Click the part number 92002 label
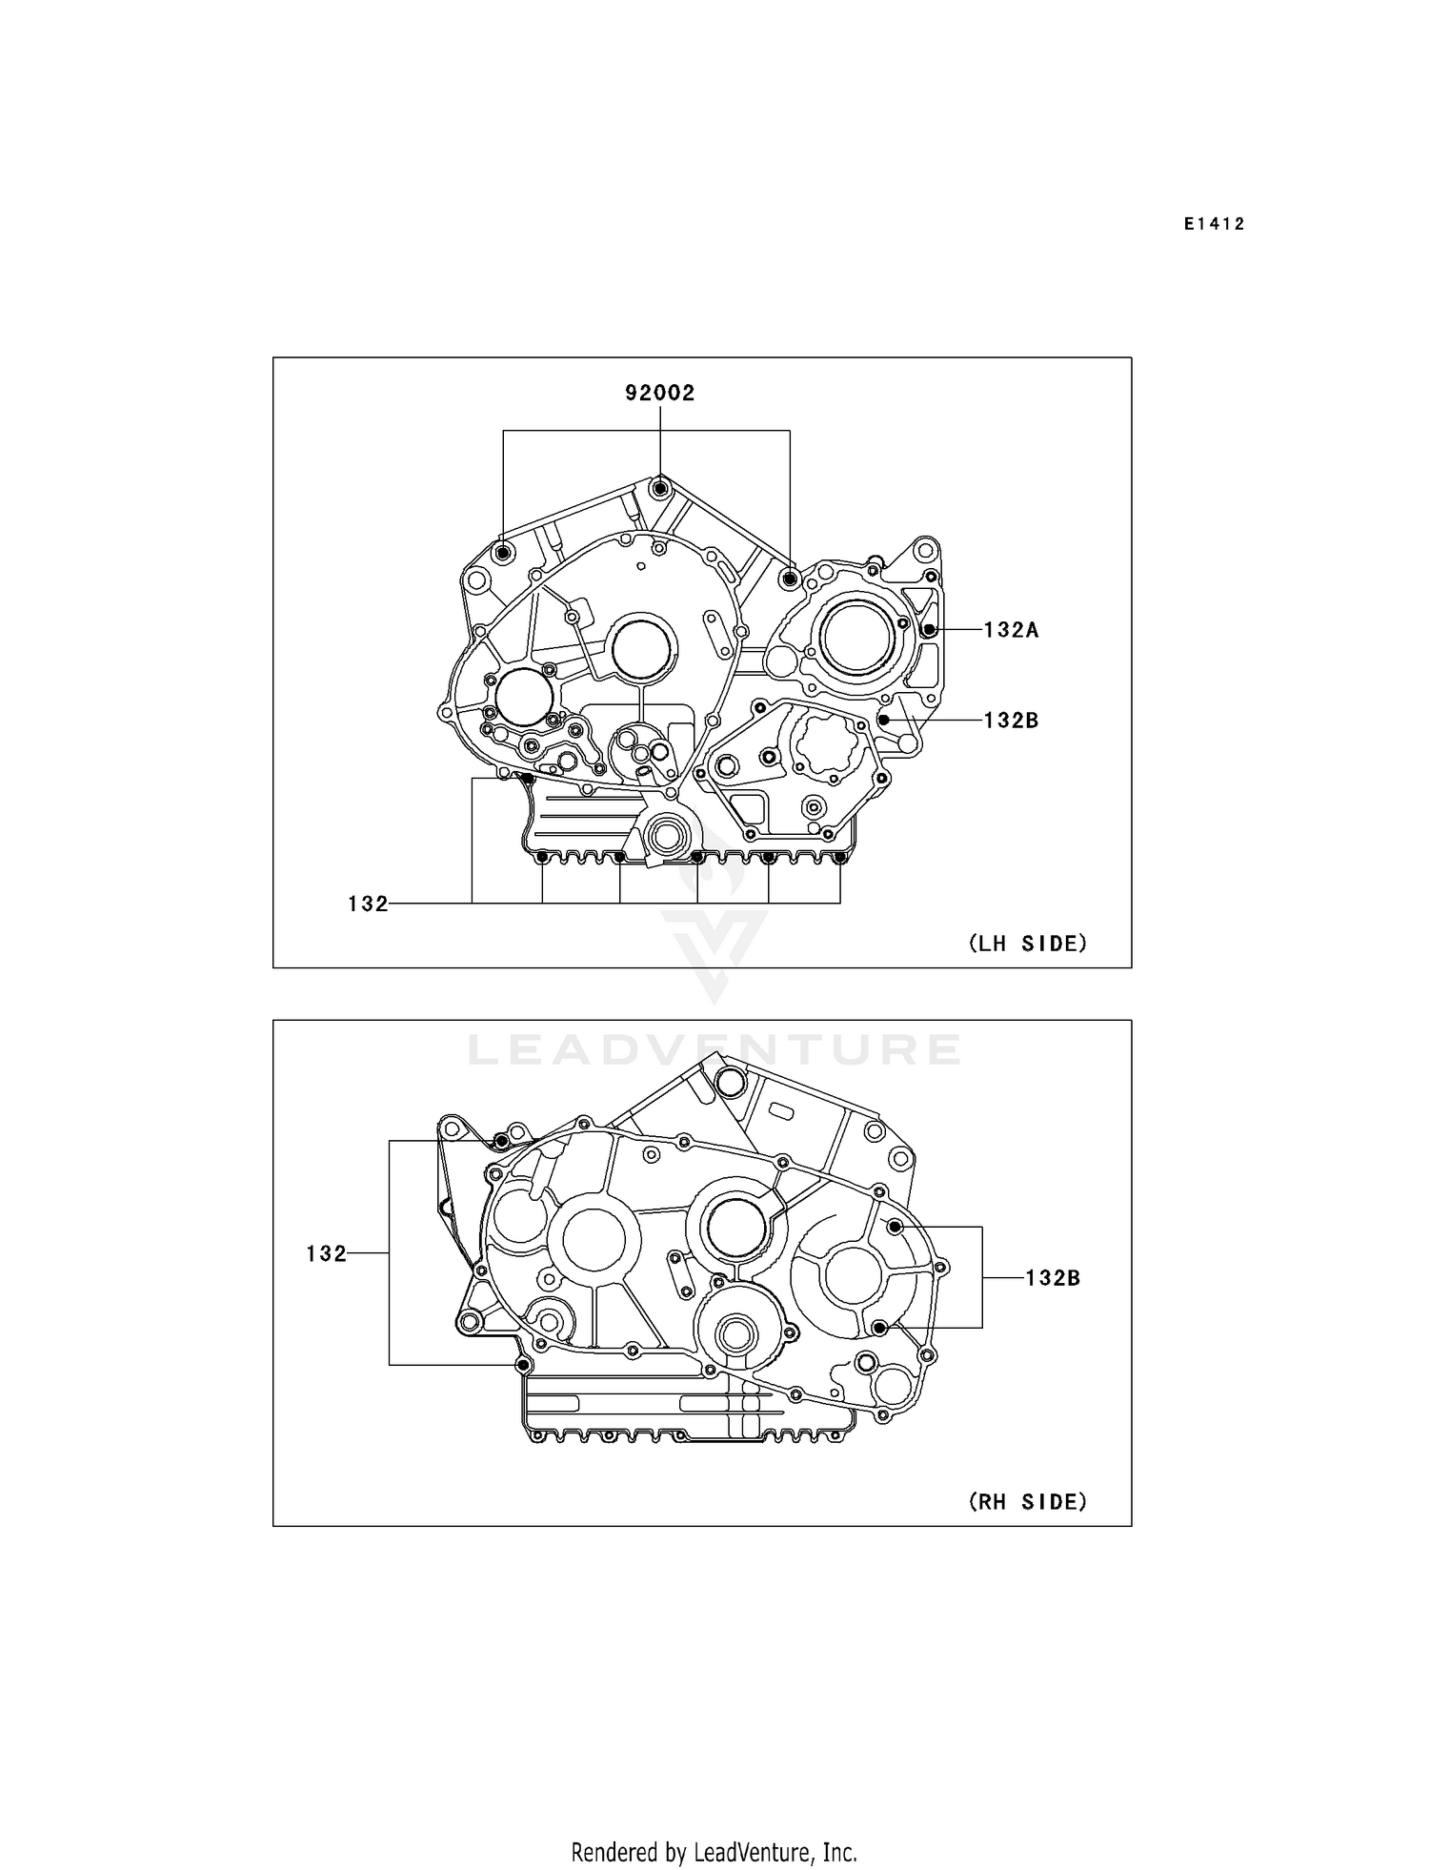[x=659, y=393]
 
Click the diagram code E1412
[x=1215, y=224]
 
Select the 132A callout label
[x=1011, y=629]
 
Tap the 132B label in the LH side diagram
[x=1011, y=721]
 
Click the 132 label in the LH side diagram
[x=368, y=904]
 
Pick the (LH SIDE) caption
[x=1028, y=944]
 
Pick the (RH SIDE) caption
[x=1028, y=1502]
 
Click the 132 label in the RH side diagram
[x=326, y=1253]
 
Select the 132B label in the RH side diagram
[x=1053, y=1278]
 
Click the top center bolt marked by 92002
[x=660, y=488]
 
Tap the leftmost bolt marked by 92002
[x=504, y=553]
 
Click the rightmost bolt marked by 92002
[x=789, y=578]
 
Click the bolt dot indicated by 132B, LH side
[x=883, y=721]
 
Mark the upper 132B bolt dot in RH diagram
[x=895, y=1227]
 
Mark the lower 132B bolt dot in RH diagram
[x=879, y=1328]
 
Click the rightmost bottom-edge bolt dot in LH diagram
[x=839, y=858]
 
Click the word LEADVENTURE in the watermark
[x=714, y=1050]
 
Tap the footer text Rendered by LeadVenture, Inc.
[x=714, y=1826]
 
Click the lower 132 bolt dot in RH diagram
[x=523, y=1365]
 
